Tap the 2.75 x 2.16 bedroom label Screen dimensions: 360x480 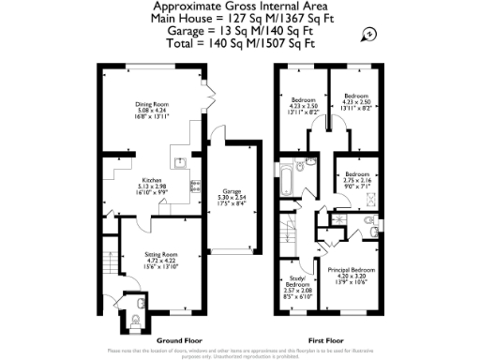(x=356, y=180)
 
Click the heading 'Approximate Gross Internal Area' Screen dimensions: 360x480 (x=240, y=6)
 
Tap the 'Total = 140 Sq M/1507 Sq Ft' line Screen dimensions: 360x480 (x=240, y=43)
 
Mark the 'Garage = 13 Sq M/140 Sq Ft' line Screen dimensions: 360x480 (x=240, y=30)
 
